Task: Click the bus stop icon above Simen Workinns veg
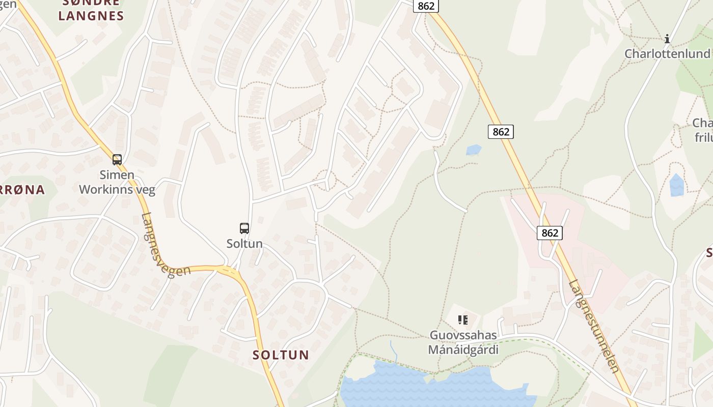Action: click(x=117, y=159)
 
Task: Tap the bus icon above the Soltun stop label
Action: click(x=244, y=228)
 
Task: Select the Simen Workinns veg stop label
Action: click(x=117, y=183)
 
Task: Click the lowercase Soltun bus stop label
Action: click(x=244, y=244)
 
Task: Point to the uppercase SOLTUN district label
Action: click(x=281, y=355)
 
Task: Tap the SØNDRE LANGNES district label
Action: click(x=91, y=10)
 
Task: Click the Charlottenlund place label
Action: click(x=667, y=54)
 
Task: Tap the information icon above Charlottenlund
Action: click(x=667, y=39)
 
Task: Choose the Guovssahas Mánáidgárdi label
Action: click(x=463, y=342)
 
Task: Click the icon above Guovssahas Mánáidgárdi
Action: click(x=462, y=320)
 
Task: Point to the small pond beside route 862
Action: click(x=474, y=150)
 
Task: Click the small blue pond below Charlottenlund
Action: click(x=677, y=185)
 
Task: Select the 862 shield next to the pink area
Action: click(x=550, y=233)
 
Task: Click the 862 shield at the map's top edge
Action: click(x=425, y=6)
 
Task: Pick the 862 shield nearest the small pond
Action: click(x=501, y=132)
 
